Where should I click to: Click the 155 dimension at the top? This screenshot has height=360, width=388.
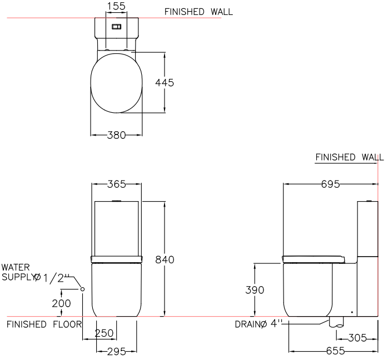[116, 6]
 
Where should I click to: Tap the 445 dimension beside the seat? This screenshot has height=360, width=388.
[165, 83]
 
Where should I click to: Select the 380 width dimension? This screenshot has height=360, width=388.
[116, 135]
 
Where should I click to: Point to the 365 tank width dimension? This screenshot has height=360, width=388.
[117, 184]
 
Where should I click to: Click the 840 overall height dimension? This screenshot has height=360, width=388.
[165, 259]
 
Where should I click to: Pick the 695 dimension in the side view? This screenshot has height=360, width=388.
[331, 184]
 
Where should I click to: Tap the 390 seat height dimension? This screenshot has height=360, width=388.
[255, 290]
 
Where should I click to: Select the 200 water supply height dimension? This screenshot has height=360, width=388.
[61, 303]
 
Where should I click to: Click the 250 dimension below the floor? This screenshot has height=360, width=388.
[104, 333]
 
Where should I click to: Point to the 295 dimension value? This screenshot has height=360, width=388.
[117, 351]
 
